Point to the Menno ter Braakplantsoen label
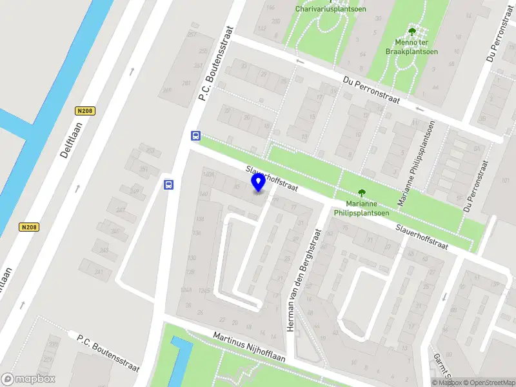pyautogui.click(x=412, y=46)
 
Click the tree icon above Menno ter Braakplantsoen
pyautogui.click(x=412, y=31)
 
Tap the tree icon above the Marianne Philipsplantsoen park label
pyautogui.click(x=361, y=192)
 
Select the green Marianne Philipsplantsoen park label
pyautogui.click(x=361, y=208)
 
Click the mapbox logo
pyautogui.click(x=28, y=379)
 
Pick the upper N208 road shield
pyautogui.click(x=84, y=111)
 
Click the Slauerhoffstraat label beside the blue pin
pyautogui.click(x=272, y=179)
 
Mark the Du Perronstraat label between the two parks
pyautogui.click(x=372, y=92)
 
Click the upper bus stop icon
pyautogui.click(x=195, y=135)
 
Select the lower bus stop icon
pyautogui.click(x=169, y=185)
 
